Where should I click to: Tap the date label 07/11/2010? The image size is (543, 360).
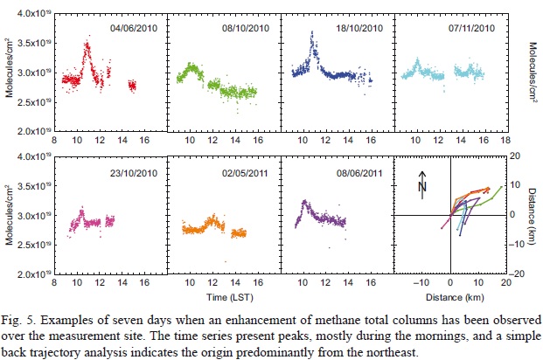click(473, 29)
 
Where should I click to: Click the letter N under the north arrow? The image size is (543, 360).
click(421, 187)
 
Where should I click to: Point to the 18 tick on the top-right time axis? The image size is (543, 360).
click(505, 139)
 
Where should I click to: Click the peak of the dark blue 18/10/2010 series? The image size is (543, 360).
click(312, 33)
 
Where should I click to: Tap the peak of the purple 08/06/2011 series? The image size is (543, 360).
click(303, 202)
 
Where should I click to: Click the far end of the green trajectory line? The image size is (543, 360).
click(502, 186)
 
